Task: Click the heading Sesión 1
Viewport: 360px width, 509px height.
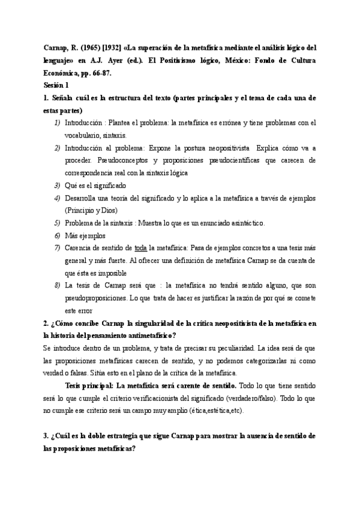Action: click(59, 85)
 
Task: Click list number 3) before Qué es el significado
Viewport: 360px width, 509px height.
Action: click(57, 185)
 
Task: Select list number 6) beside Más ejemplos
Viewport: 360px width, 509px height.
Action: click(57, 236)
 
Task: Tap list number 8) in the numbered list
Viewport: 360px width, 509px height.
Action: click(57, 286)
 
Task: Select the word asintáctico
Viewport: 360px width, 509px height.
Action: click(242, 223)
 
